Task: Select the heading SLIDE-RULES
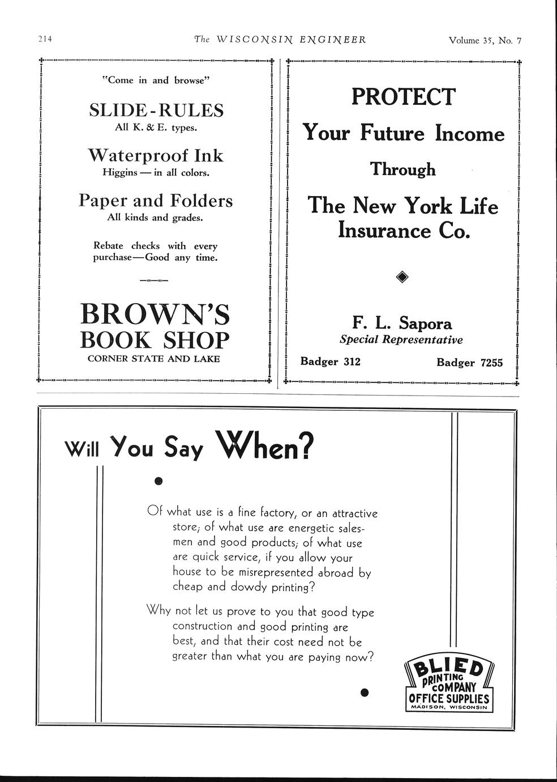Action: (156, 110)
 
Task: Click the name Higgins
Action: (119, 172)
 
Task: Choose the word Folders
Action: (202, 201)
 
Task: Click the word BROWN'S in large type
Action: (155, 314)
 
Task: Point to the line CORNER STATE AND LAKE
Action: (154, 359)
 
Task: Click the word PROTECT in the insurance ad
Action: (402, 97)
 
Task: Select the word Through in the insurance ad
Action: (403, 169)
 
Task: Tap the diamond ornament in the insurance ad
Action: (402, 277)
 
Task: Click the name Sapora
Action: (426, 323)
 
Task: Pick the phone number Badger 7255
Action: (469, 363)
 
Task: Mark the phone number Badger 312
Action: (330, 362)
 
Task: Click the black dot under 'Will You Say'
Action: (158, 481)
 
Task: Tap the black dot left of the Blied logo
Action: (365, 692)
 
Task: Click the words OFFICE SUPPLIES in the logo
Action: (449, 698)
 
